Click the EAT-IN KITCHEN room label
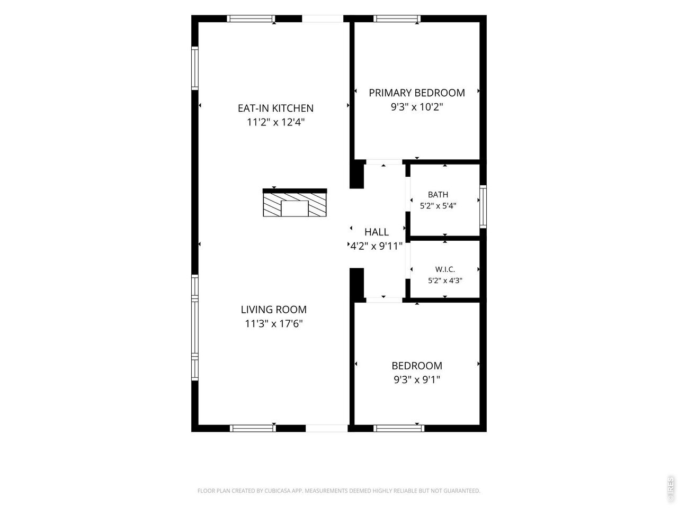(275, 108)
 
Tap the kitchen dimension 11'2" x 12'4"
(275, 122)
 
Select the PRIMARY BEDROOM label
(417, 93)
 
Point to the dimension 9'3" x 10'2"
(417, 107)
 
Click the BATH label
(438, 195)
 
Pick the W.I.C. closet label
(445, 269)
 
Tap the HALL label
(377, 232)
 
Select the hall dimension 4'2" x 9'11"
(377, 246)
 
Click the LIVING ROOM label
(274, 310)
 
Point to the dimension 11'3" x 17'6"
(274, 323)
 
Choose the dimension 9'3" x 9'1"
(417, 379)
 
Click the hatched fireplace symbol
(295, 203)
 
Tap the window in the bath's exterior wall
(483, 207)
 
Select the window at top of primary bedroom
(397, 19)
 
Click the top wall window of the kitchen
(251, 19)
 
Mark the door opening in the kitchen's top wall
(323, 19)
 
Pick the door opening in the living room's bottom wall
(326, 428)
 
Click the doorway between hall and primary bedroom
(384, 162)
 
